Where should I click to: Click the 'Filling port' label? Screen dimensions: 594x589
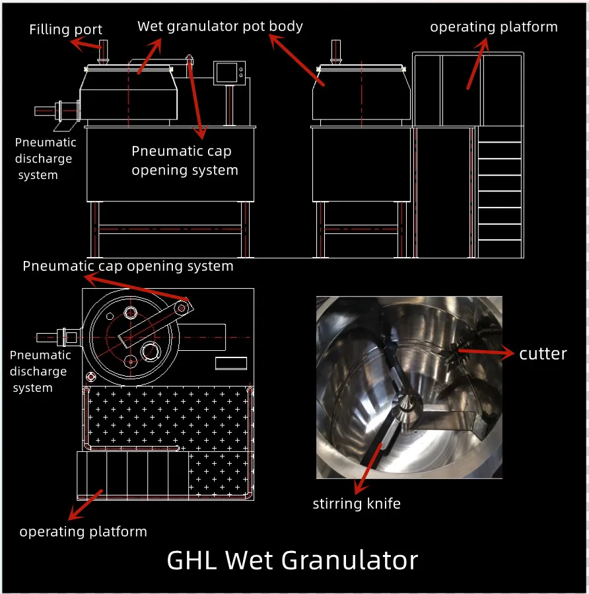66,29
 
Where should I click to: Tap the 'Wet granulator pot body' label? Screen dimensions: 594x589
220,26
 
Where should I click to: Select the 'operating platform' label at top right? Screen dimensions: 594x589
493,27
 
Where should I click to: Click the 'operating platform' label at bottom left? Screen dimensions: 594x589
83,531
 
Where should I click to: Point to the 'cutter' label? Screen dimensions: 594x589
543,353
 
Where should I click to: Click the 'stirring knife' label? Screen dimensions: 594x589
357,503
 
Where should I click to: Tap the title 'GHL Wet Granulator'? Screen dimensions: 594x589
293,560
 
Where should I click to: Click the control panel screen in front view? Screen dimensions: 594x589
228,72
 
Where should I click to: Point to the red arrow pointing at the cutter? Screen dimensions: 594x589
487,353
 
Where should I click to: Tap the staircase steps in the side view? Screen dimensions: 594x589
499,192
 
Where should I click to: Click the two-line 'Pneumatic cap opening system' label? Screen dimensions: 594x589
184,161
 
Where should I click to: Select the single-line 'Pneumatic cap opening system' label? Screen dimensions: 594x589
128,266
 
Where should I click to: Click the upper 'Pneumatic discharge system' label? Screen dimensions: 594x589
46,159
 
